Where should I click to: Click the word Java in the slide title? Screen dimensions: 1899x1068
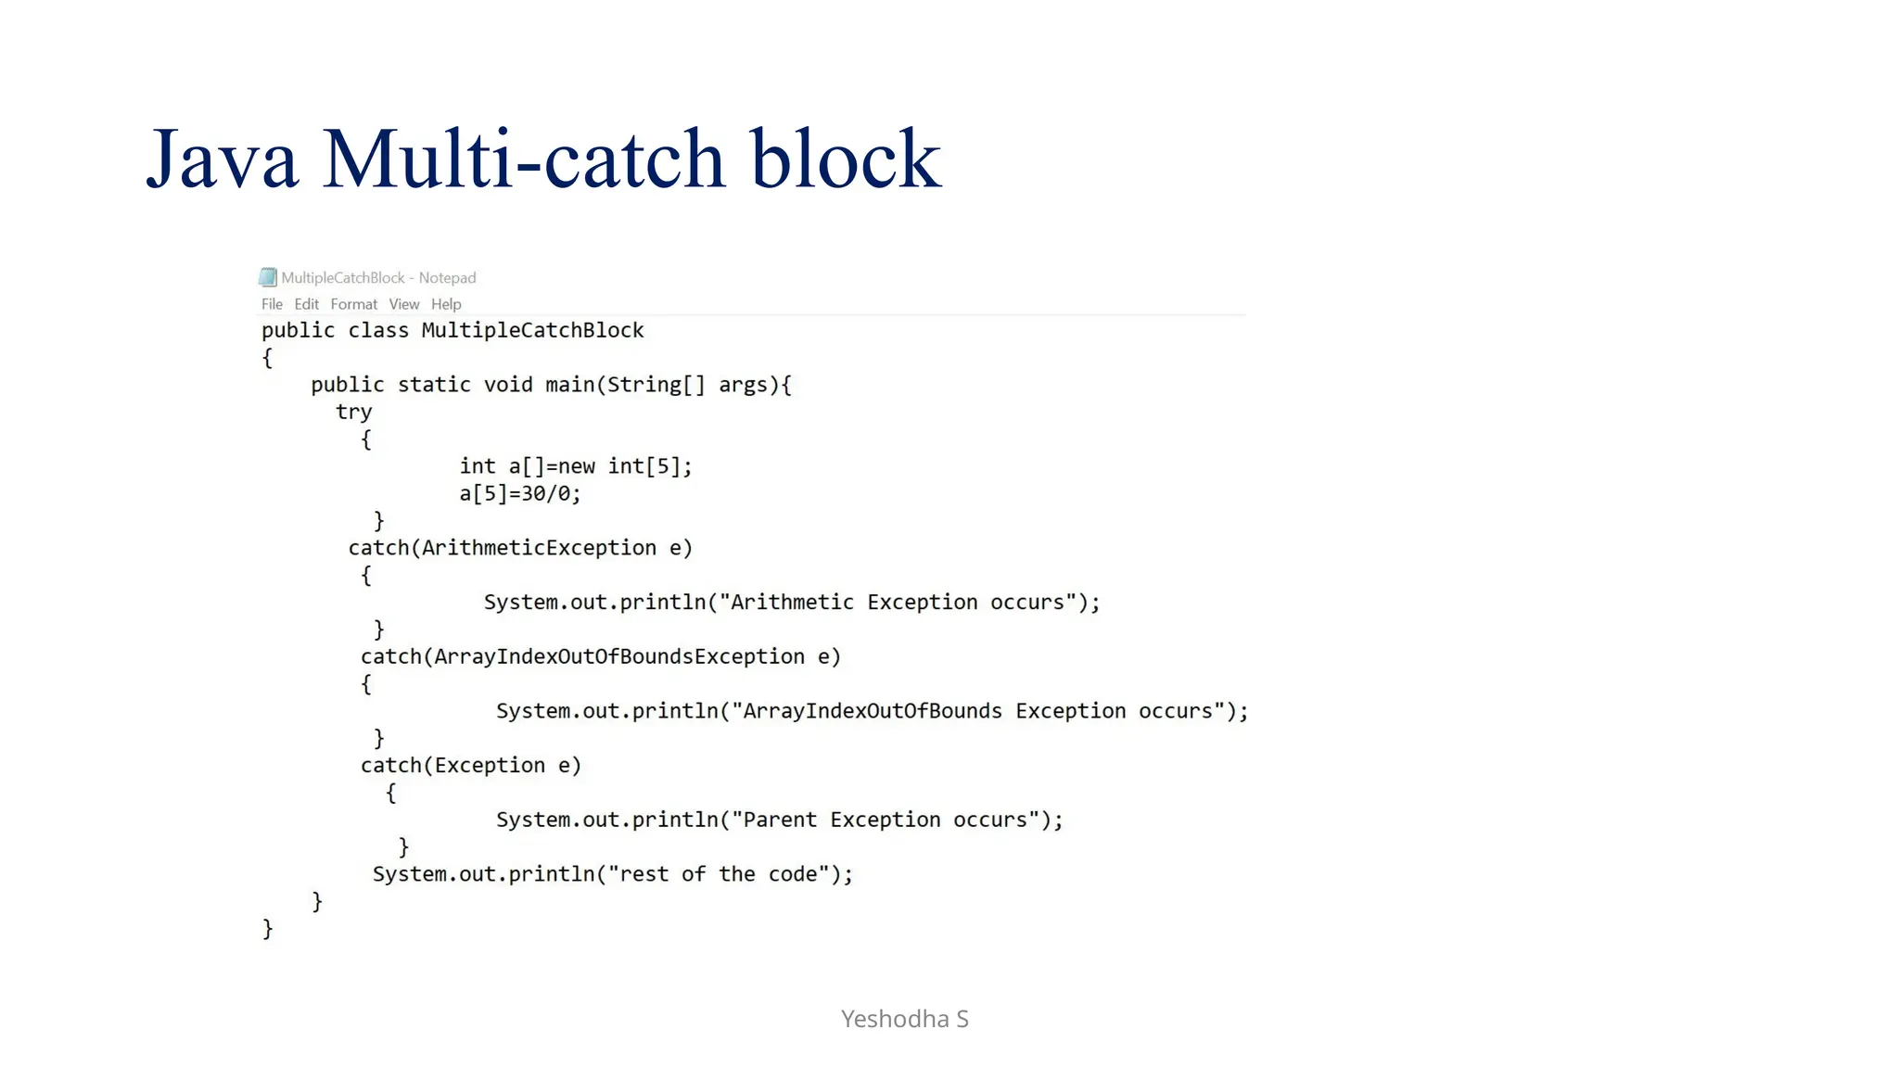click(x=223, y=159)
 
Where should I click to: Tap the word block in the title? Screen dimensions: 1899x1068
click(x=845, y=159)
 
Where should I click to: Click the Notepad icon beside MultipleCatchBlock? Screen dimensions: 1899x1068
click(x=268, y=277)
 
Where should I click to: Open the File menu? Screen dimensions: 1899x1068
click(x=272, y=304)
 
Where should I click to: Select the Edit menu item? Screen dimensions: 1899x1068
click(x=306, y=304)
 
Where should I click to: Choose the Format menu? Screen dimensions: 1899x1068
click(x=353, y=304)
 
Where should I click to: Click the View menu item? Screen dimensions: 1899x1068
click(x=403, y=304)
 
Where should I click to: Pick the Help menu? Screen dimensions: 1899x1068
click(x=446, y=304)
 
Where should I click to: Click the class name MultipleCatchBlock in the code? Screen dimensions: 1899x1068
click(x=532, y=331)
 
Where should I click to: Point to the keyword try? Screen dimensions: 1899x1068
click(x=353, y=412)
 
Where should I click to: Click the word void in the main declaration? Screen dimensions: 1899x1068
click(x=508, y=385)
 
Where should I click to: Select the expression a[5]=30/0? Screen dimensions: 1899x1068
click(x=520, y=493)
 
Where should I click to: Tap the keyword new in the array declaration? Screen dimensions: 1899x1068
click(x=576, y=466)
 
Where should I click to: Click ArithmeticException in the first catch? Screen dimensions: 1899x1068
click(x=539, y=548)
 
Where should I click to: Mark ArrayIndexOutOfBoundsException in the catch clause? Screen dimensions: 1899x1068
click(x=619, y=657)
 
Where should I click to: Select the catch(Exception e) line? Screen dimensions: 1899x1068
click(x=471, y=766)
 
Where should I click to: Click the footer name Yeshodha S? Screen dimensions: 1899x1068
click(x=904, y=1019)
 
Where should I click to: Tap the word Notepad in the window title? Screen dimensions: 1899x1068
click(x=447, y=277)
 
